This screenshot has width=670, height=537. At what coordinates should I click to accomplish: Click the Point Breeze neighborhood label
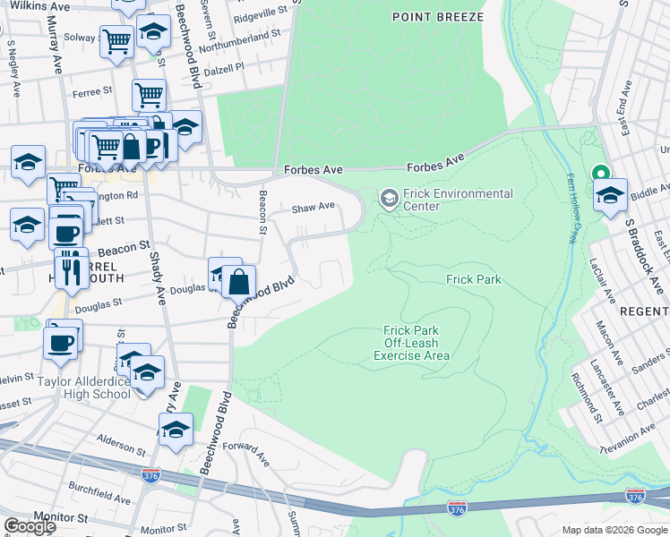click(x=438, y=17)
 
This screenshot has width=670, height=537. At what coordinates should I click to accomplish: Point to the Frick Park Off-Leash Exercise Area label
click(x=411, y=343)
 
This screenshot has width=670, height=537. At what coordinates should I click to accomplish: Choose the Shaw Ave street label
click(x=313, y=208)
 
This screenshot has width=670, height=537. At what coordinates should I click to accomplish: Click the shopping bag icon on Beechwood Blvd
click(x=239, y=282)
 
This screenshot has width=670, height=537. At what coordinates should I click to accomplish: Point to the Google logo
click(x=29, y=526)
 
